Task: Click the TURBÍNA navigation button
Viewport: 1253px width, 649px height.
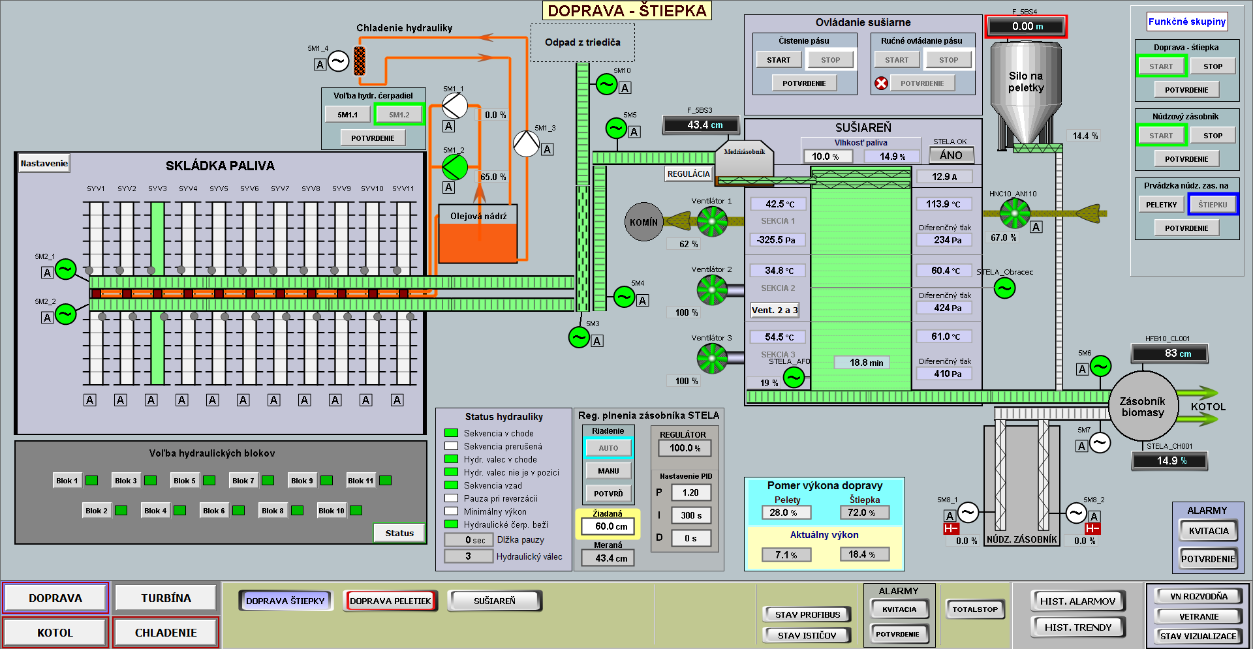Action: point(166,598)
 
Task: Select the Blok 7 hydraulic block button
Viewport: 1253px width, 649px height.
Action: point(243,481)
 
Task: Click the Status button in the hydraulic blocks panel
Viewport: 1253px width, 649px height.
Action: point(399,533)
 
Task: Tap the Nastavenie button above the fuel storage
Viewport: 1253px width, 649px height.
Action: point(44,163)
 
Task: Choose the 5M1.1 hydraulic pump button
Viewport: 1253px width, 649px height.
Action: point(347,115)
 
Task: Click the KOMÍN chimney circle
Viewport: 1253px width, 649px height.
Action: point(643,222)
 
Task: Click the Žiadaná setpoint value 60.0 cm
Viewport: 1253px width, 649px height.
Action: point(611,526)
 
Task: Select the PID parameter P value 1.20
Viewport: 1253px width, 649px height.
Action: point(690,492)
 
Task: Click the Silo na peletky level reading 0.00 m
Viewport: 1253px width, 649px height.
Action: point(1027,27)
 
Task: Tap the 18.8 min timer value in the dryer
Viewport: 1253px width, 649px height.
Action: point(866,363)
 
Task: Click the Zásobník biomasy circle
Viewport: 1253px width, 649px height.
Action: point(1143,406)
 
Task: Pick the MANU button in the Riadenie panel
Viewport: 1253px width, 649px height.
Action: point(608,470)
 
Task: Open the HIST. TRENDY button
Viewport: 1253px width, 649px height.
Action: point(1077,627)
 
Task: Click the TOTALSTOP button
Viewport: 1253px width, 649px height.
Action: point(975,609)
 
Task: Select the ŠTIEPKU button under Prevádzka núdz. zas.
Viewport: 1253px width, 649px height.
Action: point(1212,204)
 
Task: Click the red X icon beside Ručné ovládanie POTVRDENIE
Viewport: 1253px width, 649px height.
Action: point(881,83)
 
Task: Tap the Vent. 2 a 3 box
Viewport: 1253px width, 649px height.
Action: point(775,310)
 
